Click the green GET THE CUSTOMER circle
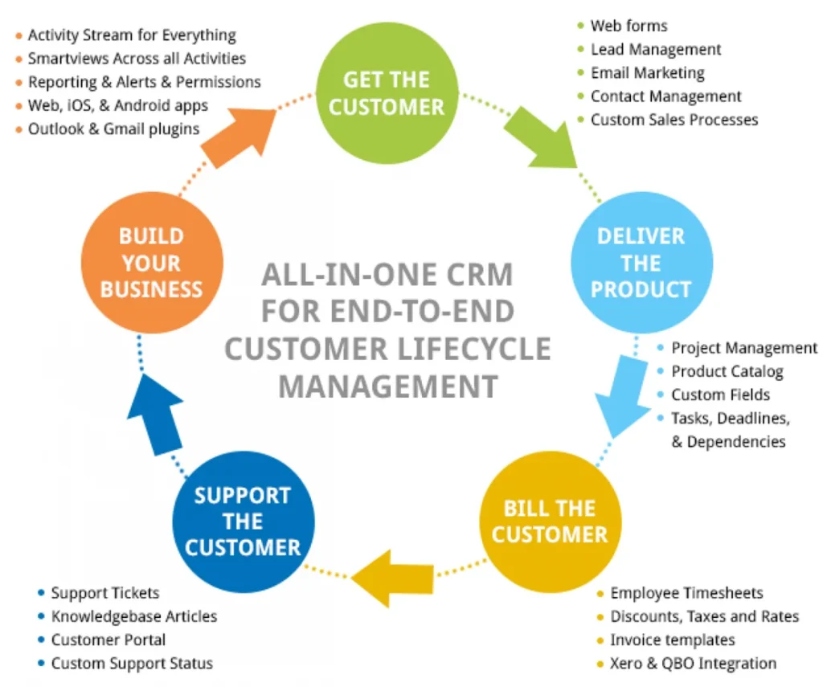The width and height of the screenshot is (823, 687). point(386,93)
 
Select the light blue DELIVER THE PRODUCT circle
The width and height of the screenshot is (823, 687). point(641,262)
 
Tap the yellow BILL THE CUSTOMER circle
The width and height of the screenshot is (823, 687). point(550,521)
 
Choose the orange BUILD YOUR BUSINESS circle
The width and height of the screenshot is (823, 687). point(151,262)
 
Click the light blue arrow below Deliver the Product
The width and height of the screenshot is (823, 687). point(624,397)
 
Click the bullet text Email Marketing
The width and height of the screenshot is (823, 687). point(647,72)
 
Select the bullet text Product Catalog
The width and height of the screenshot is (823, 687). point(727,371)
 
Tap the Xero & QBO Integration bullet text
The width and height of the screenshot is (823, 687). point(693,664)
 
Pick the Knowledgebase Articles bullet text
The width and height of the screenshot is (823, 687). point(133,616)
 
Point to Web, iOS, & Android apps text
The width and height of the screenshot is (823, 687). point(117,105)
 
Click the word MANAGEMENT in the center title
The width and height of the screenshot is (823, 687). point(387,386)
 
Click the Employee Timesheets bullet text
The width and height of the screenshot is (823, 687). point(686,593)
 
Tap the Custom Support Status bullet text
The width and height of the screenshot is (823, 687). point(132,664)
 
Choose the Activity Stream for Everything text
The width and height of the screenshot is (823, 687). point(132,35)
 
